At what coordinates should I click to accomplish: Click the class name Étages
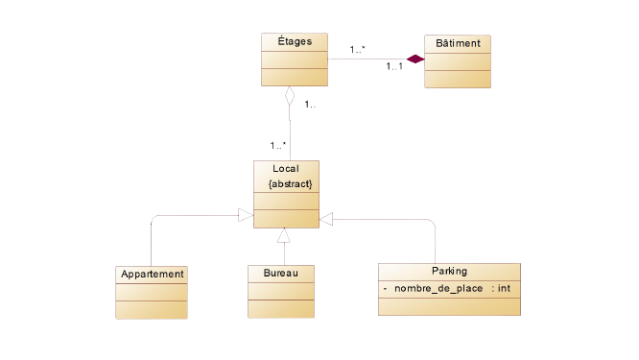coord(294,41)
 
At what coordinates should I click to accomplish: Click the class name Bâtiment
coord(458,43)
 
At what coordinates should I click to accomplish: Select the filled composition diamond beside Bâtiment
coord(414,60)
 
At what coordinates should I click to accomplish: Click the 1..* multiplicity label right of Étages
coord(357,49)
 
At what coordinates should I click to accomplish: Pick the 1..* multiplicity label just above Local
coord(278,146)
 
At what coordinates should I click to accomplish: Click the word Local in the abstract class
coord(285,169)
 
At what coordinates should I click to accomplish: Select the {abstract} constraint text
coord(290,182)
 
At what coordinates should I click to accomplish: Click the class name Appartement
coord(152,274)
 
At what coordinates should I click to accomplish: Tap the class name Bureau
coord(281,274)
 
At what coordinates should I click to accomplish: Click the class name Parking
coord(449,271)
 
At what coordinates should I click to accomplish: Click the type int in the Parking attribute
coord(504,288)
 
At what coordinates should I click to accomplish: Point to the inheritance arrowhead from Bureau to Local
coord(283,236)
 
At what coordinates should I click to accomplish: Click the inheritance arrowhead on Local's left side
coord(245,217)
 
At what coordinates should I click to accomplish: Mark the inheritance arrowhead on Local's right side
coord(327,220)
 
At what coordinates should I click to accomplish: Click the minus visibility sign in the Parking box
coord(385,288)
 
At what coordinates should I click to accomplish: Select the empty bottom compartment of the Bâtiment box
coord(458,79)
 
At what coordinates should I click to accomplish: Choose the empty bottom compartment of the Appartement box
coord(152,308)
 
